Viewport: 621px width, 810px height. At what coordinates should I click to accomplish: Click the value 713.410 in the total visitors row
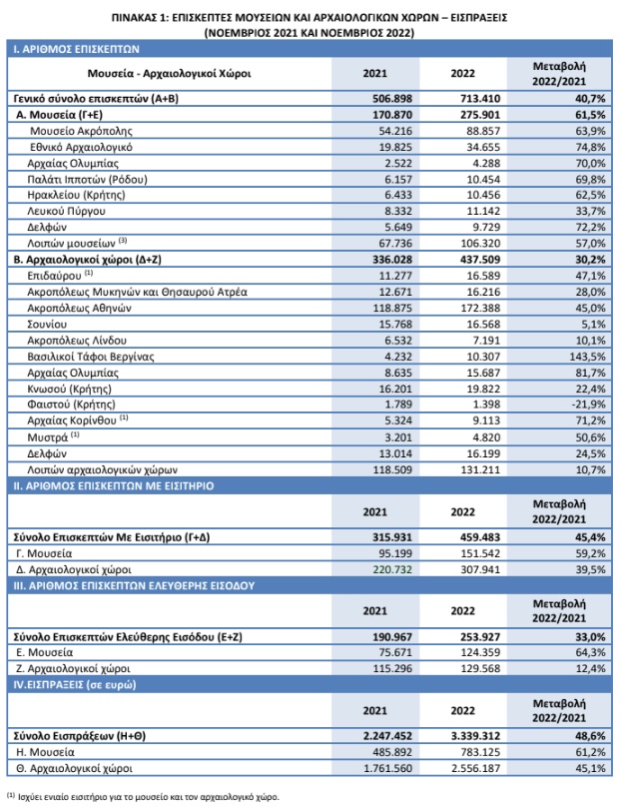[480, 99]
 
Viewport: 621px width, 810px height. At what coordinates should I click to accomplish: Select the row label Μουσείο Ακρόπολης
[81, 131]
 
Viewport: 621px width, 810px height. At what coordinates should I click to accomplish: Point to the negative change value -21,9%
[588, 405]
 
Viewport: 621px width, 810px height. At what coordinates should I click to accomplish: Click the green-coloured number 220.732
[392, 569]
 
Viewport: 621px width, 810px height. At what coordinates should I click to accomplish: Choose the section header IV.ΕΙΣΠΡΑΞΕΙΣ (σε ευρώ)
[75, 685]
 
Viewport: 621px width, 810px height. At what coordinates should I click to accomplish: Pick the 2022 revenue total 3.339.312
[476, 736]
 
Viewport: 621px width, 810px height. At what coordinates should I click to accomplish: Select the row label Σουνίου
[47, 325]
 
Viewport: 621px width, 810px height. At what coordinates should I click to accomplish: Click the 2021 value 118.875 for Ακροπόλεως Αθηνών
[392, 309]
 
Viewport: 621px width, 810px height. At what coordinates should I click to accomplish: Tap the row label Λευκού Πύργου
[66, 212]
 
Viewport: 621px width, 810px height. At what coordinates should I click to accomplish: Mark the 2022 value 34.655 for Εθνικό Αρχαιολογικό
[483, 147]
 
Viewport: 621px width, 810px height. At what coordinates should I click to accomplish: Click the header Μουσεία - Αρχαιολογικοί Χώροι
[169, 73]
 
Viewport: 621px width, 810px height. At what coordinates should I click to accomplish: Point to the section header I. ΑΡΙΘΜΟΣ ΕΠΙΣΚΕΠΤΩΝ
[77, 50]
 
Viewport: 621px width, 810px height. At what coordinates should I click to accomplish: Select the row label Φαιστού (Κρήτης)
[71, 405]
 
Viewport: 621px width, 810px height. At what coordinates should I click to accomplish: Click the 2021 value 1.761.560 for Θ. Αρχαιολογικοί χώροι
[387, 769]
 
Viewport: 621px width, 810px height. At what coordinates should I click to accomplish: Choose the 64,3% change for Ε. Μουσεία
[590, 652]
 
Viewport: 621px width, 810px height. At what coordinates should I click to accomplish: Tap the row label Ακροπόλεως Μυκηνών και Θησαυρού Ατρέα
[138, 293]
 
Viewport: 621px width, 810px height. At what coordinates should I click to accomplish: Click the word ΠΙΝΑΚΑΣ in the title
[133, 18]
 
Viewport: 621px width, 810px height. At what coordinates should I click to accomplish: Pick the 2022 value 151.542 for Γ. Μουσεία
[480, 553]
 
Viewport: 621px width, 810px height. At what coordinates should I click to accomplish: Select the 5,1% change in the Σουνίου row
[594, 325]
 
